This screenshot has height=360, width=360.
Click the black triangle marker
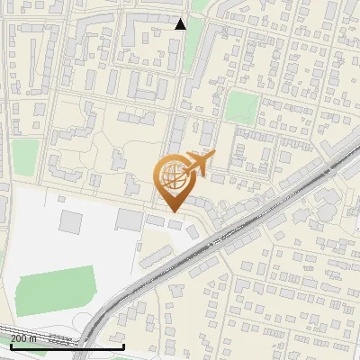[181, 23]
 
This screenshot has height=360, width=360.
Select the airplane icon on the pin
[199, 164]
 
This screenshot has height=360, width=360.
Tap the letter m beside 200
[35, 338]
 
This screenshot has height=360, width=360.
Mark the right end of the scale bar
[123, 346]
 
